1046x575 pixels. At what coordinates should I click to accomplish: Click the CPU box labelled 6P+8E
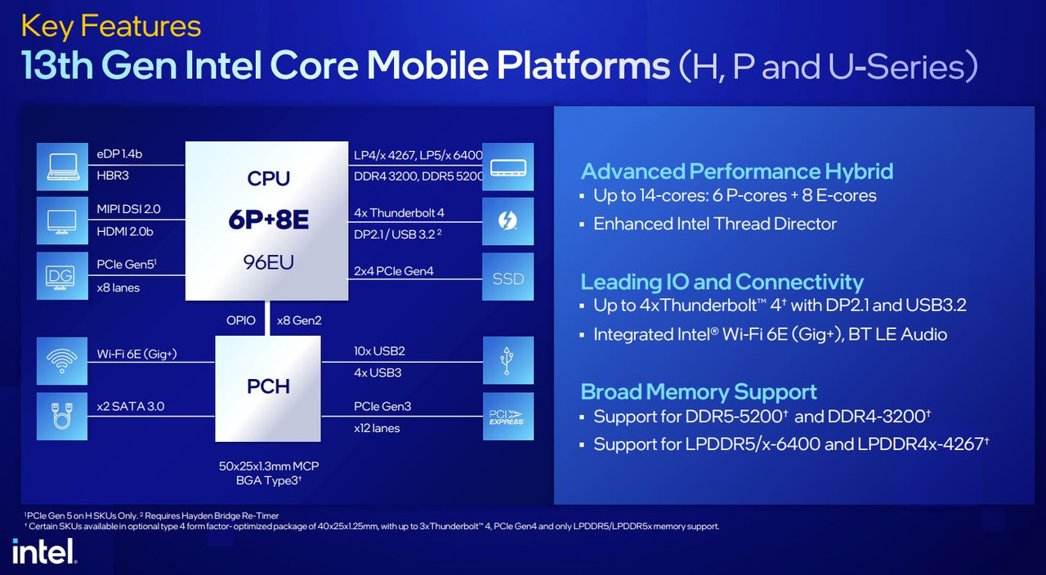click(x=266, y=221)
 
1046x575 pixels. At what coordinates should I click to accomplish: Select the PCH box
click(x=268, y=388)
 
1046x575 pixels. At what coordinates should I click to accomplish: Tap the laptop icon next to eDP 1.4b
click(x=62, y=167)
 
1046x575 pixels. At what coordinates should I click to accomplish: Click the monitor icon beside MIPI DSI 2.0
click(x=62, y=221)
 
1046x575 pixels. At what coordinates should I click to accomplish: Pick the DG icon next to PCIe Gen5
click(x=62, y=276)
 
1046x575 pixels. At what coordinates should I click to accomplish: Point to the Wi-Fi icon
click(x=62, y=361)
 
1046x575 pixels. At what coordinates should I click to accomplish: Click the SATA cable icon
click(x=62, y=416)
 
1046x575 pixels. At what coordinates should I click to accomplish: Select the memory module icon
click(x=508, y=167)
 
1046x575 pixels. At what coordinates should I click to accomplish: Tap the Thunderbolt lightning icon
click(x=508, y=221)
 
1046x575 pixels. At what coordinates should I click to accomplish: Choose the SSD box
click(x=508, y=276)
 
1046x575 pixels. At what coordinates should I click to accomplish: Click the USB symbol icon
click(x=508, y=360)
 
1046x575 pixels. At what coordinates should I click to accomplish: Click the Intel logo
click(x=44, y=551)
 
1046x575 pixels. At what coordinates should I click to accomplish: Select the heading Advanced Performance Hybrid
click(x=737, y=172)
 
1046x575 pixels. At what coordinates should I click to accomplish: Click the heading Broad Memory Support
click(x=699, y=391)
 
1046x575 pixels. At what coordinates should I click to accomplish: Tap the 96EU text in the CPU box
click(x=268, y=262)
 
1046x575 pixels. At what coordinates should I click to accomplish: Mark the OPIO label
click(x=241, y=321)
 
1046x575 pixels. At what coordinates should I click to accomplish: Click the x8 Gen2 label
click(x=299, y=321)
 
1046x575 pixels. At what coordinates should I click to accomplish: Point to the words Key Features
click(x=111, y=27)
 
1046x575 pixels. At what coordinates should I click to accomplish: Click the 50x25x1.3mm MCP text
click(x=269, y=466)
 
